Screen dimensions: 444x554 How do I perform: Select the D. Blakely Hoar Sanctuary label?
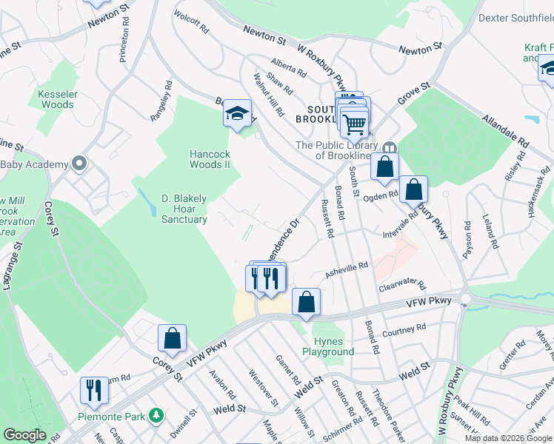(x=184, y=209)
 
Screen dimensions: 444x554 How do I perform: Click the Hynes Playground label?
(x=329, y=346)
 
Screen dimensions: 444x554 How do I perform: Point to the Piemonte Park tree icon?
(x=156, y=416)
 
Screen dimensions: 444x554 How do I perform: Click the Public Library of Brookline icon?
(x=391, y=146)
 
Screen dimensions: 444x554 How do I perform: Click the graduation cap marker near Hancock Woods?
(x=238, y=114)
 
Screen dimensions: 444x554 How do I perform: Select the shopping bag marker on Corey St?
(x=172, y=338)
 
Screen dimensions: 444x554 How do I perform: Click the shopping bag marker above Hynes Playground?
(x=306, y=301)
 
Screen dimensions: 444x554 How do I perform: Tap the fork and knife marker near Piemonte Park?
(x=94, y=389)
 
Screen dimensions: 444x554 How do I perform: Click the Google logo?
(x=24, y=435)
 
